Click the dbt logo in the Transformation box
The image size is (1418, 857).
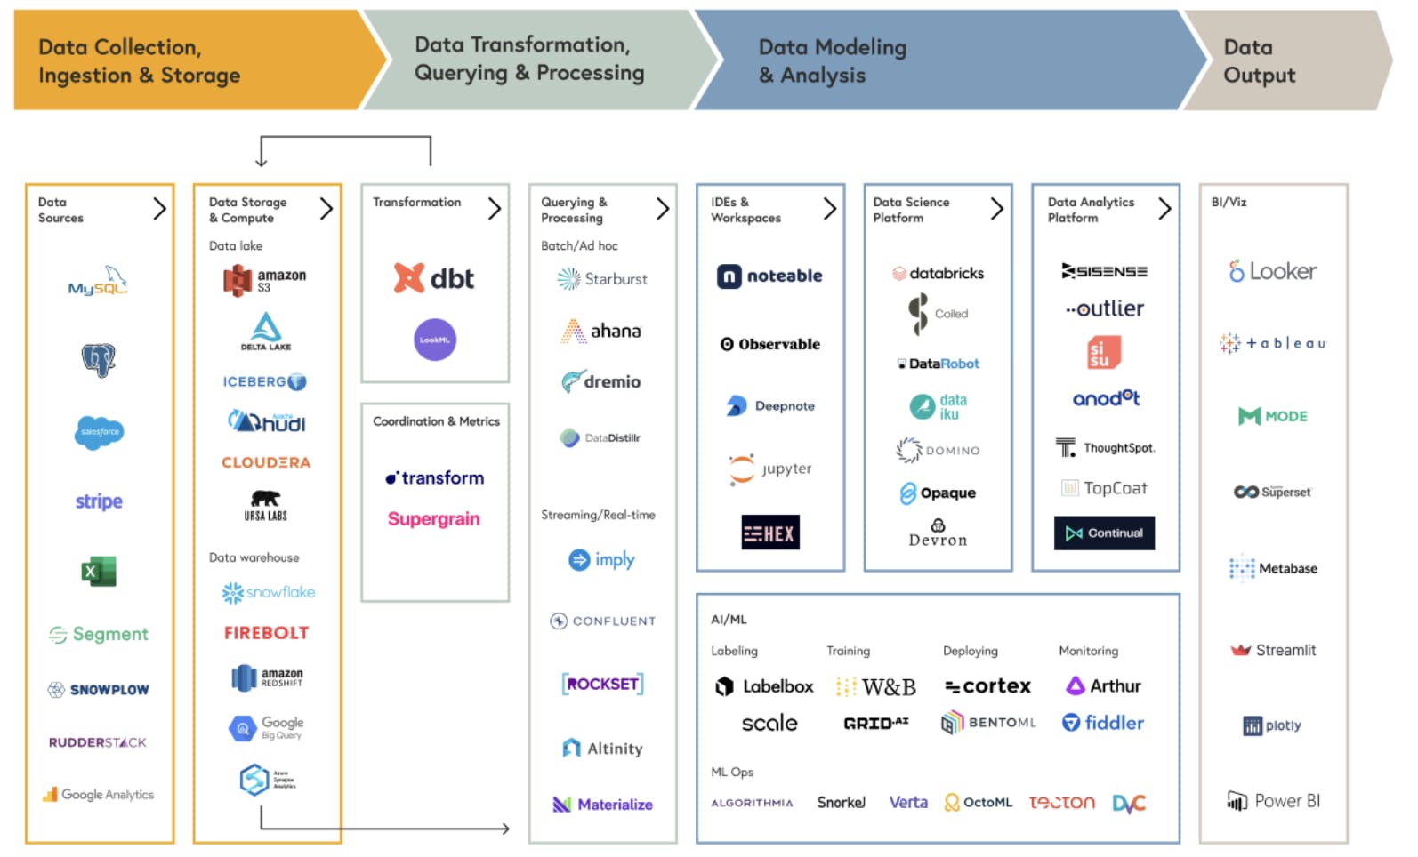click(x=434, y=278)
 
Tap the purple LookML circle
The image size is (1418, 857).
click(x=435, y=340)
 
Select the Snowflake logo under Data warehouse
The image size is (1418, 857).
click(x=268, y=592)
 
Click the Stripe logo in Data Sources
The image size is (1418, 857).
click(x=99, y=501)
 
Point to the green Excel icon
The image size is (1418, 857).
click(x=99, y=571)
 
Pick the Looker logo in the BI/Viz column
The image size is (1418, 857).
click(x=1272, y=271)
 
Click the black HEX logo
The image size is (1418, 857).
click(x=770, y=533)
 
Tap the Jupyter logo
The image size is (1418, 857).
click(x=770, y=469)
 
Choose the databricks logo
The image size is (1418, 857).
click(x=938, y=273)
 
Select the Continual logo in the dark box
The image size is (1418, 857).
click(x=1104, y=533)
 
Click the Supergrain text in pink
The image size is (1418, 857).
click(x=433, y=519)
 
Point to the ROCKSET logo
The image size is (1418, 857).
click(x=602, y=684)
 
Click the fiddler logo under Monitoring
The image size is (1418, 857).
click(x=1103, y=723)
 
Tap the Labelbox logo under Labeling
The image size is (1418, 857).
click(x=764, y=686)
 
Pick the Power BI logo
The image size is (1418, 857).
click(x=1273, y=801)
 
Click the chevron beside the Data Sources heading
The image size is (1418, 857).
click(x=159, y=209)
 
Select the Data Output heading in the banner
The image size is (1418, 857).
click(x=1259, y=60)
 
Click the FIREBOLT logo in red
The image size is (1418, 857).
click(x=266, y=633)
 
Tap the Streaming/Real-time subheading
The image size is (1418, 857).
click(x=598, y=515)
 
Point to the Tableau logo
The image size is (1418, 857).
click(x=1272, y=343)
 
